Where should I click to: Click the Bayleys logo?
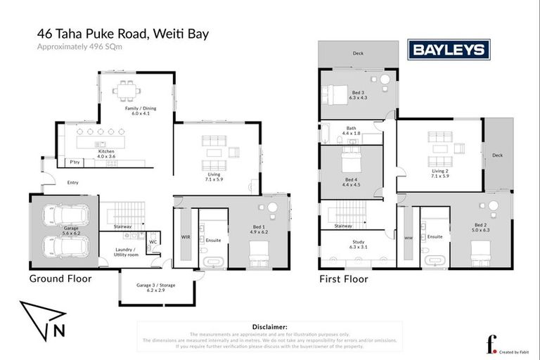point(449,50)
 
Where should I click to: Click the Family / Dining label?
point(141,111)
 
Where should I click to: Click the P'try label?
point(72,162)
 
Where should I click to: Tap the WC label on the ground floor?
point(153,242)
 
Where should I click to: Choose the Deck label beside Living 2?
point(497,155)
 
